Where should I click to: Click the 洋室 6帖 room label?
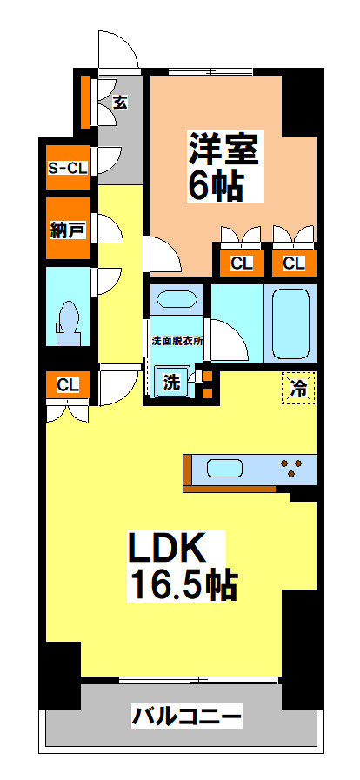coord(223,166)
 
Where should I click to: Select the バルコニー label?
coord(186,717)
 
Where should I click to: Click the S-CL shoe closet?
coord(68,168)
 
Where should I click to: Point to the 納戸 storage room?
coord(68,229)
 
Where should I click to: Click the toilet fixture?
coord(68,324)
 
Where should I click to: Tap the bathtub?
coord(291,323)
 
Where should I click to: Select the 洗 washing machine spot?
coord(171,382)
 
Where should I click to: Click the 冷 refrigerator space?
coord(299,389)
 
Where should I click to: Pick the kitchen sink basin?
coord(224,469)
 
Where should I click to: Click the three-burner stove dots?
coord(291,468)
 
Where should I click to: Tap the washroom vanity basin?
coord(177,300)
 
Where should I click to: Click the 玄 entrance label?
coord(120,103)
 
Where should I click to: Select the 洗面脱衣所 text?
coord(177,341)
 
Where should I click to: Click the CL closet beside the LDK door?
coord(68,384)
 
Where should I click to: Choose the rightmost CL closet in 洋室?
coord(294,263)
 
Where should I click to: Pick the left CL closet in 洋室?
coord(241,263)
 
